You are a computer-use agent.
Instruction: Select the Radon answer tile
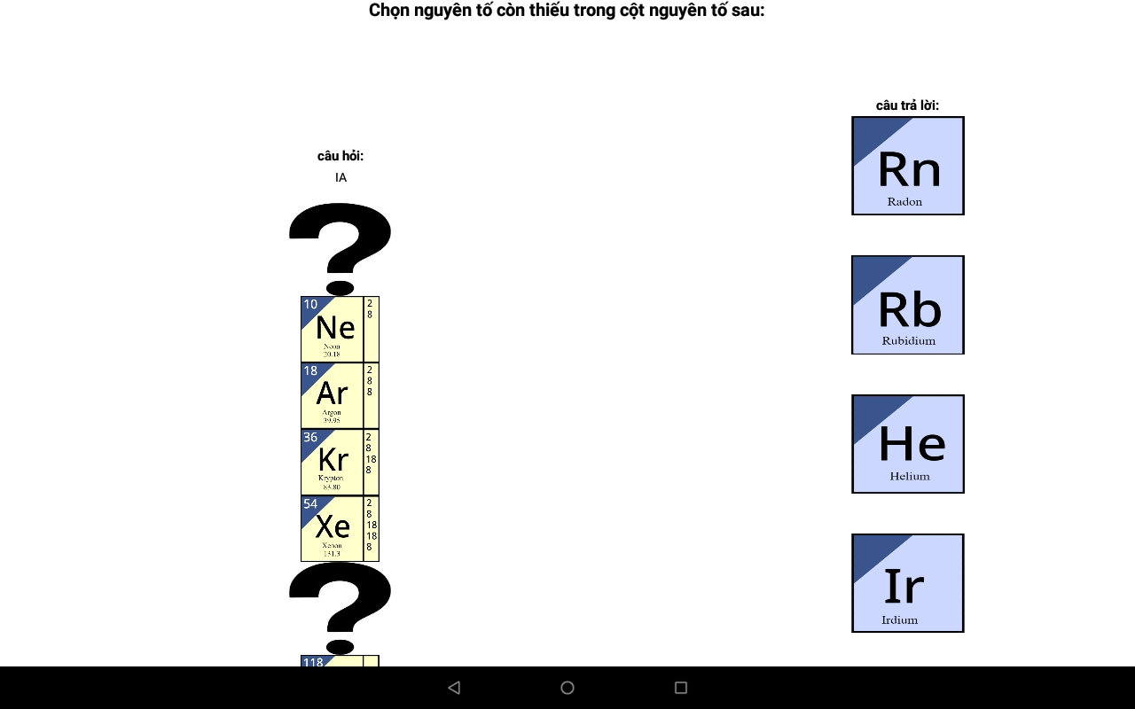pos(907,166)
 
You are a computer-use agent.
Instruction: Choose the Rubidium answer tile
pos(907,305)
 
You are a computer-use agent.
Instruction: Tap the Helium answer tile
pos(907,444)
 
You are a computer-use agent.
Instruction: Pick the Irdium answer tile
pos(907,583)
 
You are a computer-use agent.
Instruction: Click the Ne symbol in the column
pos(335,328)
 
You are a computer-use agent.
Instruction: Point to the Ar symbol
pos(333,393)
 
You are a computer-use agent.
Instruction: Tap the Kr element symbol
pos(333,459)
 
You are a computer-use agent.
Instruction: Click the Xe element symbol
pos(333,526)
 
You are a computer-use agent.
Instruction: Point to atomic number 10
pos(310,305)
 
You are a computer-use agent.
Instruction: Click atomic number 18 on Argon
pos(310,370)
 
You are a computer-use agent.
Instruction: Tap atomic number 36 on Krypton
pos(310,437)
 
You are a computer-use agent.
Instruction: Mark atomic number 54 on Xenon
pos(310,503)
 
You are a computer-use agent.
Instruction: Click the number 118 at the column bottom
pos(313,662)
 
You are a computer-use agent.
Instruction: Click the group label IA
pos(340,177)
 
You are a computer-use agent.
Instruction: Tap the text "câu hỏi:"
pos(340,156)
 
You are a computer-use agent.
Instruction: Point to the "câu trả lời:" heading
pos(907,105)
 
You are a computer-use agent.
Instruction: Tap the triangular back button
pos(454,688)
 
